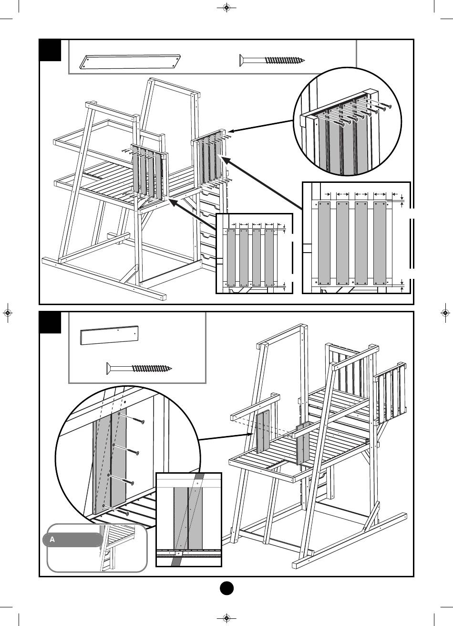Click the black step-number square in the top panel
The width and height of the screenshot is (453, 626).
(x=50, y=50)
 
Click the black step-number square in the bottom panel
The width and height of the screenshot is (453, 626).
(x=50, y=323)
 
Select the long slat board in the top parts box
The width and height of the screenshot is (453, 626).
(x=131, y=62)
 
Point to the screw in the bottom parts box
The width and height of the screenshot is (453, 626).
(x=138, y=368)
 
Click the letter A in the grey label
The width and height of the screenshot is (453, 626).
(x=52, y=540)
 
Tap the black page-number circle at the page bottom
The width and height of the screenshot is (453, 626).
(x=226, y=588)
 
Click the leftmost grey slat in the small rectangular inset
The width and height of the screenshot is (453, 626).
(x=231, y=258)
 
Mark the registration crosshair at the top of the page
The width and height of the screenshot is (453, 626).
(x=226, y=8)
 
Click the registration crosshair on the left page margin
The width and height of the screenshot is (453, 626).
(x=8, y=313)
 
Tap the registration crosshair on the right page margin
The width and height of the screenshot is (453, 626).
(x=445, y=313)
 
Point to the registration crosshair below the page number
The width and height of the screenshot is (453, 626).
(x=226, y=618)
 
